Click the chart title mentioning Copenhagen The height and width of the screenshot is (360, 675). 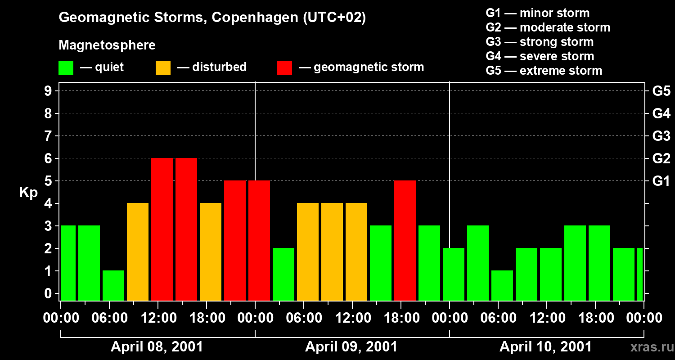pos(212,18)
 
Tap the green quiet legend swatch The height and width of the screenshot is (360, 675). pos(66,68)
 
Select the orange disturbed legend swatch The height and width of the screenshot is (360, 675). pos(163,68)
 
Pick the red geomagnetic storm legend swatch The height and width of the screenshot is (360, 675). pos(284,68)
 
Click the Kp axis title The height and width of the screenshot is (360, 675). pos(28,193)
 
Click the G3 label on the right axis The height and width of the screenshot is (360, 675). pos(661,136)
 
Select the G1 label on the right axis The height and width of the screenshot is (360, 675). pos(661,181)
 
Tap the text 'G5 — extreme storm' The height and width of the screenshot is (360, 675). pos(544,71)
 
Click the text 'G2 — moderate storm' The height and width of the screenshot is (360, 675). pos(548,27)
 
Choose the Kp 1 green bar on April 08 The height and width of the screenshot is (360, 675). pos(113,285)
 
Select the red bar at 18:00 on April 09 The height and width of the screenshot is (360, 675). pos(405,240)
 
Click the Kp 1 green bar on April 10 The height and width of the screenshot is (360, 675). pos(502,285)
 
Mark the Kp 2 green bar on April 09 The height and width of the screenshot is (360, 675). pos(283,274)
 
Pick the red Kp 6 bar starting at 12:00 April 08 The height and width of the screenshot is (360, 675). pos(162,229)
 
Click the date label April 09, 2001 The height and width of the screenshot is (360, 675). pos(351,347)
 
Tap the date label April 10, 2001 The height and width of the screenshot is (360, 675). pos(545,347)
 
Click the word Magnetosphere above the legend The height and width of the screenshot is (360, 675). pos(107,45)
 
